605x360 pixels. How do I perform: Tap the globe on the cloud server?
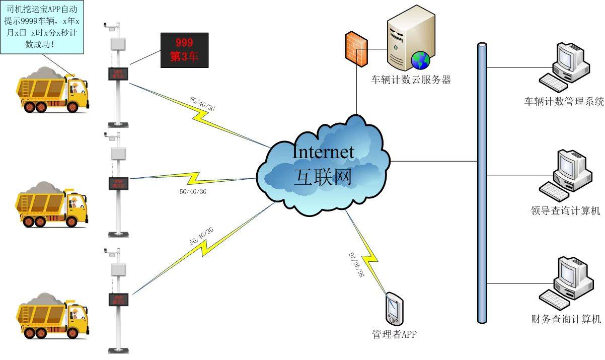(420, 60)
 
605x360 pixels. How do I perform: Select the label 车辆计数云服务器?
(411, 80)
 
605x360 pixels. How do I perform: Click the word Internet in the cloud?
(324, 151)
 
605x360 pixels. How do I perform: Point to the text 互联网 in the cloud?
(324, 177)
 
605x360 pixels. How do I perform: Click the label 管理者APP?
(394, 334)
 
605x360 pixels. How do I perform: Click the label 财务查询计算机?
(565, 319)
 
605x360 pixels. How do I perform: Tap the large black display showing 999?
(184, 50)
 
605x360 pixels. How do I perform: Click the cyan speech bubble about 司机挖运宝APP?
(42, 26)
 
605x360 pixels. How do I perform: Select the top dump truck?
(53, 92)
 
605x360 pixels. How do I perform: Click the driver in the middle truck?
(74, 203)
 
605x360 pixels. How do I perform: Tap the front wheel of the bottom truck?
(75, 329)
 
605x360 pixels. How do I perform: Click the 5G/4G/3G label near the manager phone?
(355, 264)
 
